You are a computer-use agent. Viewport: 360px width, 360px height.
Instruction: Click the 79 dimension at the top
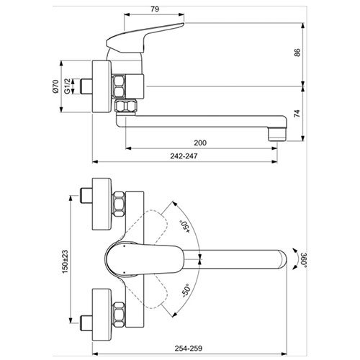click(155, 9)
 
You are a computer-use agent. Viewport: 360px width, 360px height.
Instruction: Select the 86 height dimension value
click(297, 53)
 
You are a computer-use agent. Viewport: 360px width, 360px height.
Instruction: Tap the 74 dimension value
click(297, 113)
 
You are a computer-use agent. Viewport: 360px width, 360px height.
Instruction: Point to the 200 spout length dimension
click(200, 143)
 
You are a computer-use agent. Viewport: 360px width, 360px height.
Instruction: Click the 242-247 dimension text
click(184, 156)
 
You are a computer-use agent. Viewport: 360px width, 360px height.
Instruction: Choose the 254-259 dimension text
click(189, 348)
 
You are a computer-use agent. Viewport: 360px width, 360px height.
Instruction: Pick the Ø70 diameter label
click(55, 86)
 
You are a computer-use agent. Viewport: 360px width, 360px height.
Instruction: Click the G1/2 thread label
click(67, 86)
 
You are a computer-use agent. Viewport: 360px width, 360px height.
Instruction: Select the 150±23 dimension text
click(65, 261)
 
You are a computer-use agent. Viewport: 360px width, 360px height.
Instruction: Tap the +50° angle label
click(185, 226)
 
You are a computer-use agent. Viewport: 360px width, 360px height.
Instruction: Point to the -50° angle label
click(186, 291)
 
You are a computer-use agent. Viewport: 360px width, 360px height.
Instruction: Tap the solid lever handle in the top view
click(144, 259)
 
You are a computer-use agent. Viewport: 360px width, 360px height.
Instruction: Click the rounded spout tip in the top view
click(283, 259)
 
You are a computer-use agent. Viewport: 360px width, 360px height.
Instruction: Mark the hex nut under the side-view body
click(126, 106)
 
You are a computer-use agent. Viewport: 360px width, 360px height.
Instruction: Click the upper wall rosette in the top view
click(102, 204)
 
